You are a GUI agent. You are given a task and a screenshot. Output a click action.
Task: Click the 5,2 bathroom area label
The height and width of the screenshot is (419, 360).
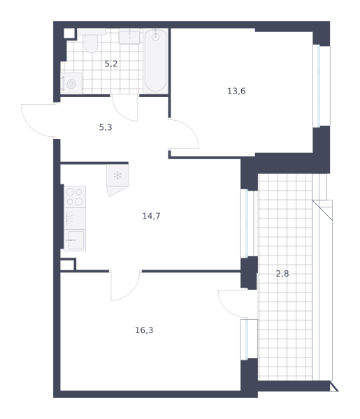(111, 64)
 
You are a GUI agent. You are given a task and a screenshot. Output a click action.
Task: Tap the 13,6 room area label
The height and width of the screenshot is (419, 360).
(236, 91)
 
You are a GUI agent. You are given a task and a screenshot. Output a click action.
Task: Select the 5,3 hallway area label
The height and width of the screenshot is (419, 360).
(106, 128)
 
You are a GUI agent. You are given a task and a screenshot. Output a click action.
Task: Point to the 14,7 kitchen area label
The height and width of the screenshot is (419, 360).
(152, 216)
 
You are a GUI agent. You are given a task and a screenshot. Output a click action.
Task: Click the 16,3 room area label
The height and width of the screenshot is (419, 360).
(144, 330)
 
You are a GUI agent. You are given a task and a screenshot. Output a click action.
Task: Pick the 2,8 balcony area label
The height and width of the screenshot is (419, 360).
(282, 274)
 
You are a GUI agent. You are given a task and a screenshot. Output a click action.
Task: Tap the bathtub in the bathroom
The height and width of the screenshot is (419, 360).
(155, 61)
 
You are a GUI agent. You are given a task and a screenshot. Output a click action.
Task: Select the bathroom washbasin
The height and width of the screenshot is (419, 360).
(129, 36)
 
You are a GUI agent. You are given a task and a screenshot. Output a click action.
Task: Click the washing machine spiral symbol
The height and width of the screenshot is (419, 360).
(71, 84)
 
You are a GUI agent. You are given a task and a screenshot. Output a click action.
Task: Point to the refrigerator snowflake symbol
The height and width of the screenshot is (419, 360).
(117, 175)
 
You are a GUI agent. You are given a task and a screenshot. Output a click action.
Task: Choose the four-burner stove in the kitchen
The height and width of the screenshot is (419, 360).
(75, 197)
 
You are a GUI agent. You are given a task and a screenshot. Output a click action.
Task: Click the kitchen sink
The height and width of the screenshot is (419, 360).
(75, 240)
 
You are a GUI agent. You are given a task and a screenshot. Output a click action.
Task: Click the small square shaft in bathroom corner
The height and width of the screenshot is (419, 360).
(69, 34)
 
